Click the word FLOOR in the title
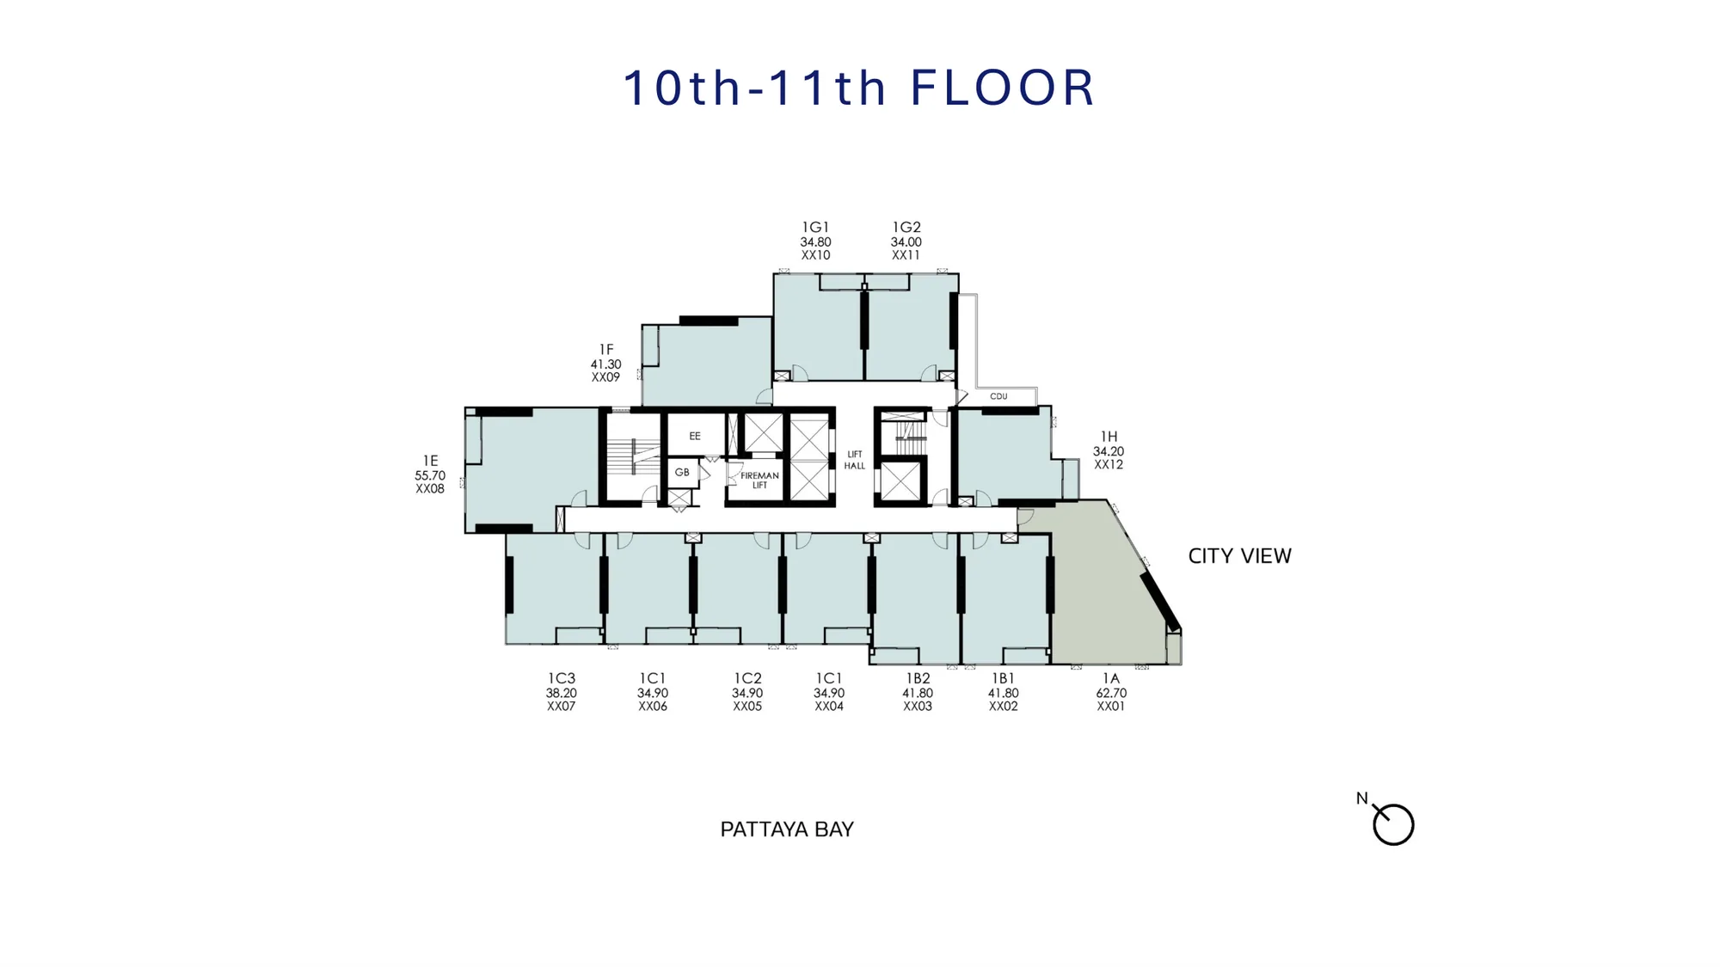point(1002,88)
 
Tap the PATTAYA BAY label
point(787,829)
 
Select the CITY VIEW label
point(1239,556)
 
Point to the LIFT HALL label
point(854,460)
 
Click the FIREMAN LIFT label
point(759,480)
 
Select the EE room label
point(695,436)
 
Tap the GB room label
point(682,472)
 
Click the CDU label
point(998,396)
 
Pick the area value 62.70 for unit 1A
point(1111,693)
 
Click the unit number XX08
point(430,489)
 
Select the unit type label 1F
point(606,350)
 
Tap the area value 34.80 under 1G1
point(815,242)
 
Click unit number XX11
point(906,255)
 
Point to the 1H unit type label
point(1109,437)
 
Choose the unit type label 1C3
point(561,679)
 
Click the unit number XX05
point(747,707)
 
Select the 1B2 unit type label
point(918,679)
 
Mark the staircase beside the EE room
point(632,456)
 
